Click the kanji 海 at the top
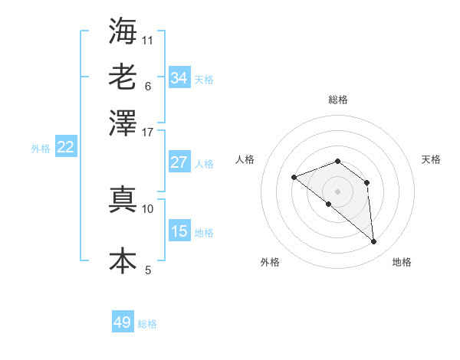(123, 31)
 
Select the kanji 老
(123, 77)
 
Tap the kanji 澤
(123, 123)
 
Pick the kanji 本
(123, 260)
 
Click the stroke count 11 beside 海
(148, 40)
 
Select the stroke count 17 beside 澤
(148, 132)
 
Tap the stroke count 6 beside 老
(147, 86)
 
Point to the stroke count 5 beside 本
(147, 270)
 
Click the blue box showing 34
(179, 78)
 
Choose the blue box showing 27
(179, 162)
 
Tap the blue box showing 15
(179, 231)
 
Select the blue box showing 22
(65, 148)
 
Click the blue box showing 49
(123, 322)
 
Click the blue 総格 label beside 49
(147, 324)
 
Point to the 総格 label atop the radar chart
(338, 100)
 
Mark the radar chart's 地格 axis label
(402, 263)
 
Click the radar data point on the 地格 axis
(374, 242)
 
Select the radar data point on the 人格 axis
(294, 178)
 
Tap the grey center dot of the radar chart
(338, 191)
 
